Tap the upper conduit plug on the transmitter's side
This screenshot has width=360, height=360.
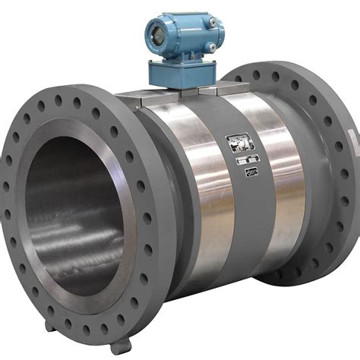click(213, 23)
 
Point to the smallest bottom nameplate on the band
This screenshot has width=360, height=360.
click(251, 174)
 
